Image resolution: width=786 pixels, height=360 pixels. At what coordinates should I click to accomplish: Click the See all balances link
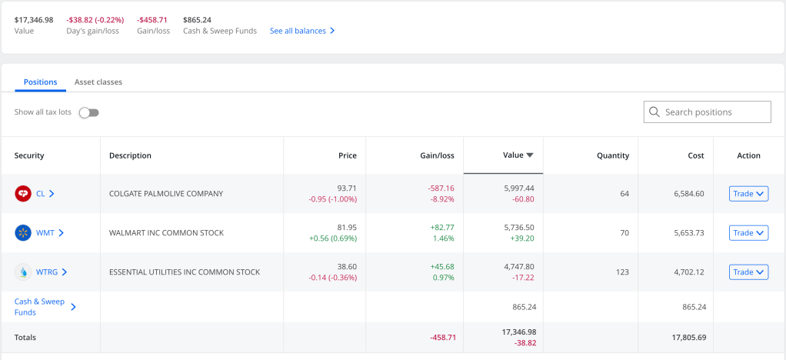(x=302, y=32)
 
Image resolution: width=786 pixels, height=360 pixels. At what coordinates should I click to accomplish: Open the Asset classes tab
(x=98, y=82)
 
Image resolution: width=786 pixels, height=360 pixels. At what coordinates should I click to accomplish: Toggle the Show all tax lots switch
(x=89, y=112)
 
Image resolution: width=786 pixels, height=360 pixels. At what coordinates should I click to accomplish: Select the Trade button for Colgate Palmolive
(x=748, y=194)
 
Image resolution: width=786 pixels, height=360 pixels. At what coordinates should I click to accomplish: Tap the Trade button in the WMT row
(x=748, y=232)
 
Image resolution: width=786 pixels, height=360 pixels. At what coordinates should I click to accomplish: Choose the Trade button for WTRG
(x=748, y=272)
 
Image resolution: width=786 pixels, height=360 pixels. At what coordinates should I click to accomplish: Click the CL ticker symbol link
(x=41, y=194)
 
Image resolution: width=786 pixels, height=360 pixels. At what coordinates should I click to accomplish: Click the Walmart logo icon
(x=23, y=232)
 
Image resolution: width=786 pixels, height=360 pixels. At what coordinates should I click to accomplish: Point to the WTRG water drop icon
(x=23, y=272)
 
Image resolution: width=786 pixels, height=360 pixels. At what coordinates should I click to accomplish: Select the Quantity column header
(x=612, y=155)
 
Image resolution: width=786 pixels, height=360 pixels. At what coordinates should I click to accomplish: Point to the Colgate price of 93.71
(x=347, y=188)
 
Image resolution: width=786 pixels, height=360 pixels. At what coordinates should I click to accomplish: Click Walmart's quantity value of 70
(x=624, y=232)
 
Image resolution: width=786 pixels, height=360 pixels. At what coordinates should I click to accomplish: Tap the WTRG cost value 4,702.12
(x=688, y=272)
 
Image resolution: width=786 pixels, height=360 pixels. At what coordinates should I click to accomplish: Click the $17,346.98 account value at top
(x=34, y=20)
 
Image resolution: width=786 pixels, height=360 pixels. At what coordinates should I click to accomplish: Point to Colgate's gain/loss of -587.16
(x=441, y=188)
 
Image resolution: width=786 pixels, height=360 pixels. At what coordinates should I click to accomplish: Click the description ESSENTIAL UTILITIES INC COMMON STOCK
(x=185, y=272)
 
